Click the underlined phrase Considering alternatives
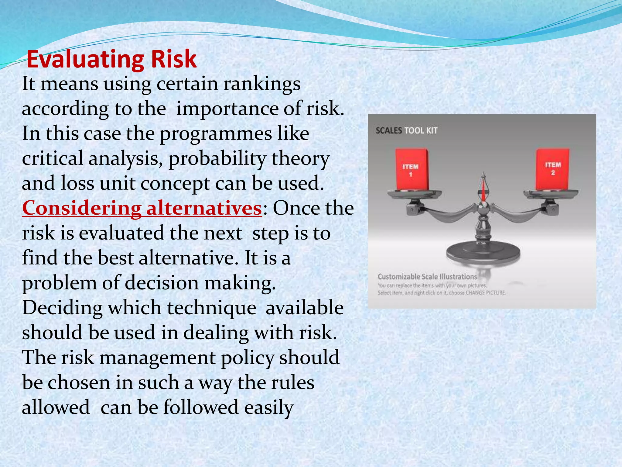[142, 209]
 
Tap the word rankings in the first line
[262, 84]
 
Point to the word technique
[211, 308]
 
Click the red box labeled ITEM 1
[412, 169]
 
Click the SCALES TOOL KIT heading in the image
[406, 131]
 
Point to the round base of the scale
[483, 252]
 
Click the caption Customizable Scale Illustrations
[427, 277]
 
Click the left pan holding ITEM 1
[415, 193]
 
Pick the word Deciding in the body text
[62, 308]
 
